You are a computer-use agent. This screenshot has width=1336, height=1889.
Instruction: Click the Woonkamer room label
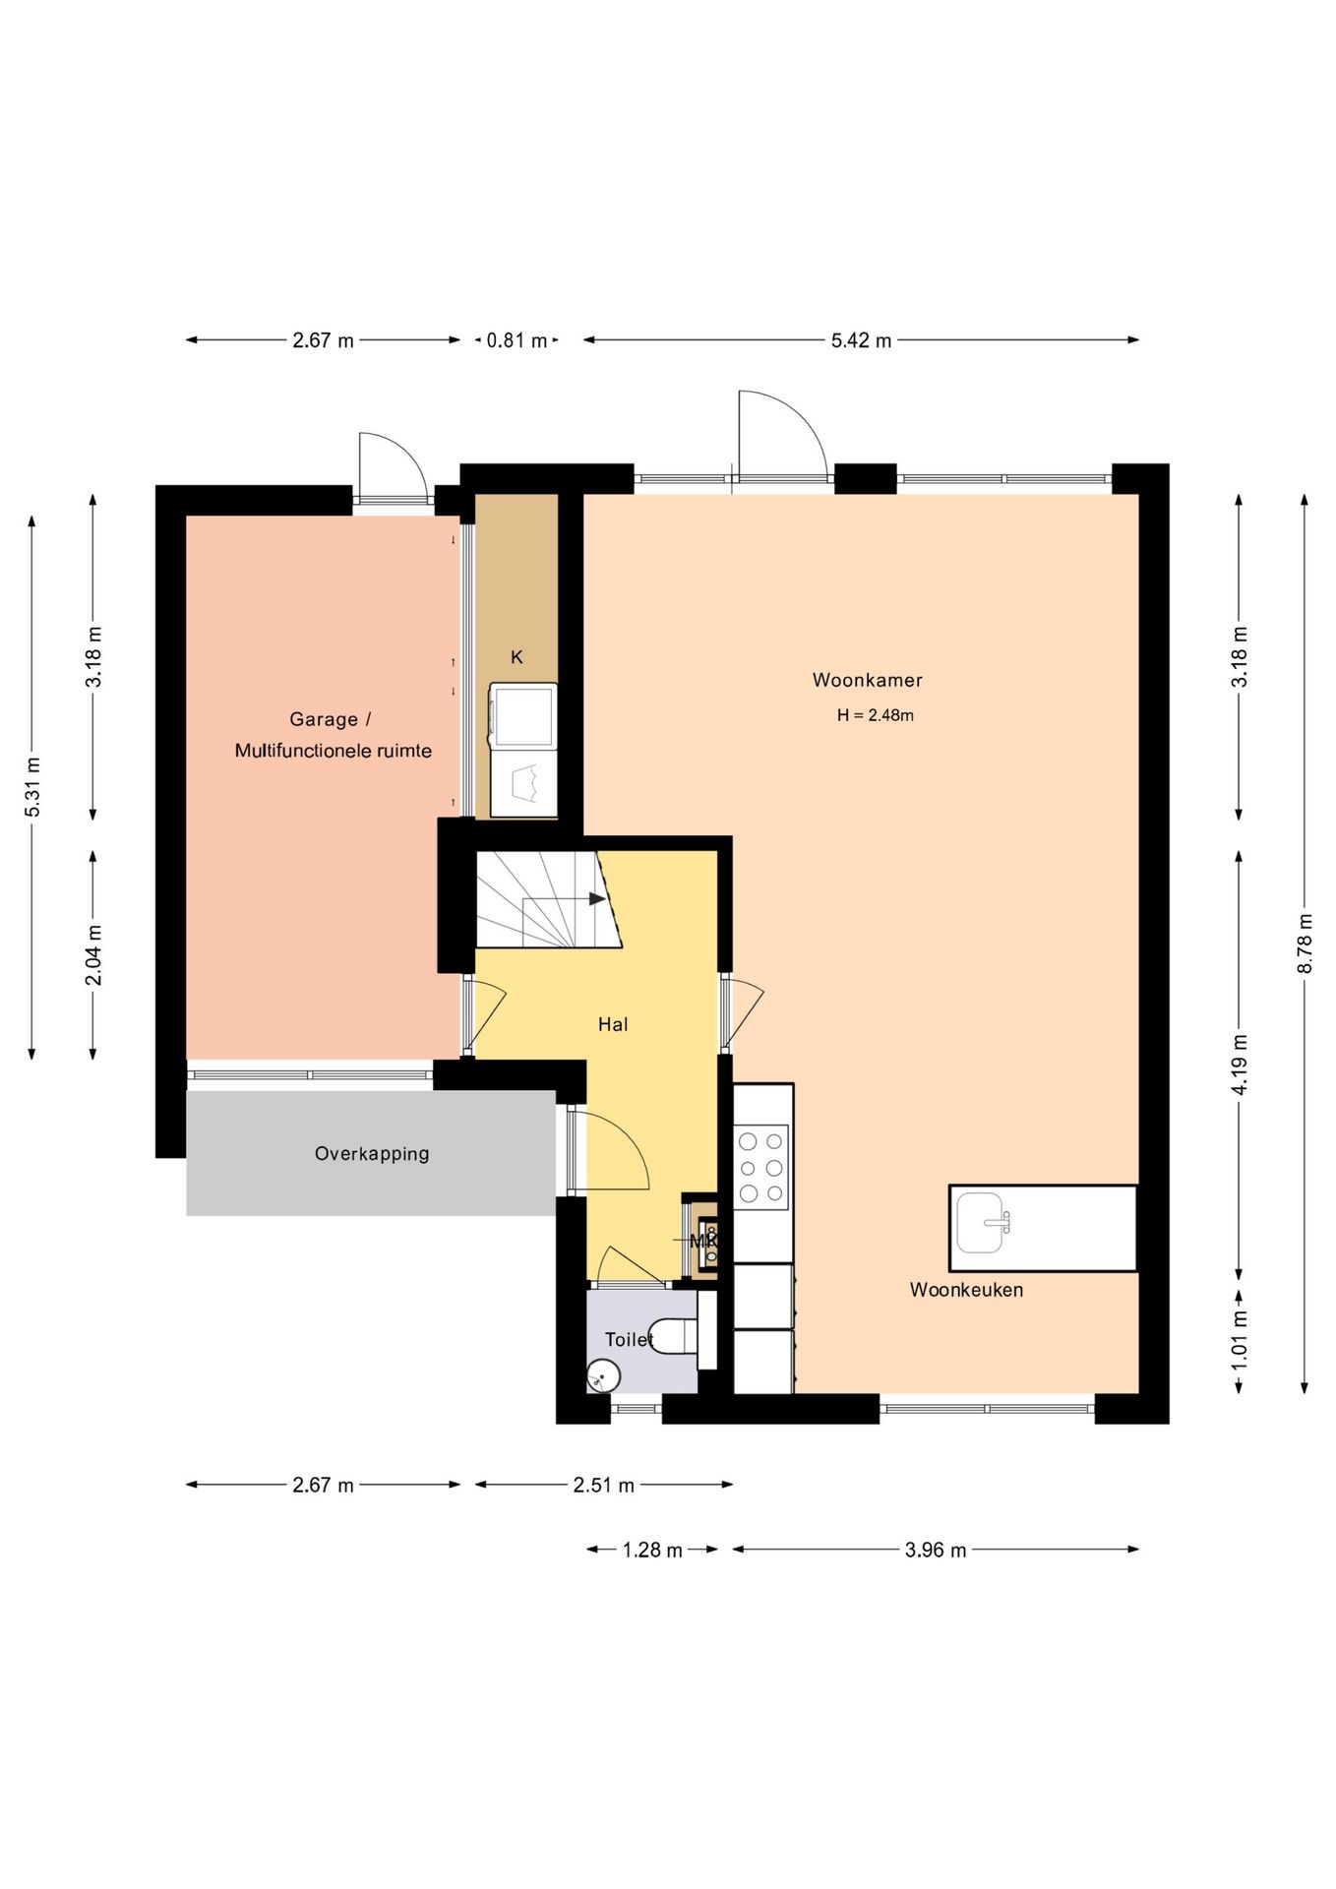coord(867,680)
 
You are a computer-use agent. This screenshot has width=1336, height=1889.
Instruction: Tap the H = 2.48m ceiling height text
coord(875,715)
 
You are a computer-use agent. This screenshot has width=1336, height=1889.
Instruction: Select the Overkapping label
coord(372,1153)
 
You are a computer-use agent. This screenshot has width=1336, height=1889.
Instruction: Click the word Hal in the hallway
coord(613,1024)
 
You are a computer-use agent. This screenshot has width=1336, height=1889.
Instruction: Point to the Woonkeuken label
coord(966,1289)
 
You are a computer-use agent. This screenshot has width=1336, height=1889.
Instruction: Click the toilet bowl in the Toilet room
coord(675,1336)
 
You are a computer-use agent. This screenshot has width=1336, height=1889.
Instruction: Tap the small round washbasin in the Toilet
coord(603,1375)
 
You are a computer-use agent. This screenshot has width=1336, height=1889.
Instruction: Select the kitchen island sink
coord(980,1223)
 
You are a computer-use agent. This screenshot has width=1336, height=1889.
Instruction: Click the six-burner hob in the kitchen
coord(761,1167)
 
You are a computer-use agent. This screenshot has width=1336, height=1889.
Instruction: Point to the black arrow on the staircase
coord(597,898)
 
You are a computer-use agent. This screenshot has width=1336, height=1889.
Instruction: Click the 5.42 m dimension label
coord(861,340)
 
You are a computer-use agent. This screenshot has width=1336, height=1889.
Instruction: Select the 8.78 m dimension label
coord(1305,944)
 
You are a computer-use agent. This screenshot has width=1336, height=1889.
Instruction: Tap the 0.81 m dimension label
coord(516,340)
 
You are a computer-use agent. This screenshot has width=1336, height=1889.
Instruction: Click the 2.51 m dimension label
coord(603,1485)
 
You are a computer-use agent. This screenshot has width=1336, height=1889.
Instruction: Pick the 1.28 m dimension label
coord(652,1550)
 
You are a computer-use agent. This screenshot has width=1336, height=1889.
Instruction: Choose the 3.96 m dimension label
coord(936,1550)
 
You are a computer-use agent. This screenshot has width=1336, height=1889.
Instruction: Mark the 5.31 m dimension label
coord(32,786)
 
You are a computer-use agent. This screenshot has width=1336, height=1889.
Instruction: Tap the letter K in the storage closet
coord(516,657)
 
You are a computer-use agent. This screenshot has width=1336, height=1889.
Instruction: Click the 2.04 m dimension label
coord(93,954)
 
